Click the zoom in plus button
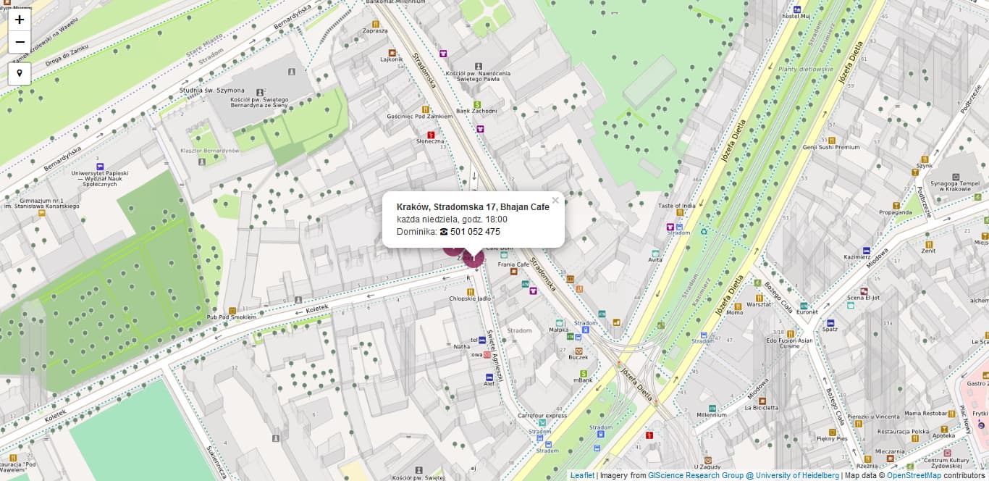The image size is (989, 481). click(x=20, y=20)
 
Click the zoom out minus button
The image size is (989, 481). click(x=20, y=42)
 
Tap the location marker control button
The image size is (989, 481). click(x=20, y=73)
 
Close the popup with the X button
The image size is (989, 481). click(x=555, y=201)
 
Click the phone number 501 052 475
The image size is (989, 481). click(x=475, y=232)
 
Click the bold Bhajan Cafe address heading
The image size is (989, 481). click(x=473, y=207)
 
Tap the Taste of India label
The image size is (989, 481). click(x=676, y=206)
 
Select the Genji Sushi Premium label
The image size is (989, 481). click(x=830, y=147)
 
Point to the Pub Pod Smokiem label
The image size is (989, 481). click(x=232, y=317)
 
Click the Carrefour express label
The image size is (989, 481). click(x=542, y=416)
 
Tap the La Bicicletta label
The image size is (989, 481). click(x=762, y=407)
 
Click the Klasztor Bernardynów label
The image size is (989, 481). click(x=210, y=151)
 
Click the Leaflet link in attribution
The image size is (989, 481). click(x=582, y=476)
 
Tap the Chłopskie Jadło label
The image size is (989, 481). click(x=471, y=298)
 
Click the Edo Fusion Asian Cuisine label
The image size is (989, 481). click(x=789, y=343)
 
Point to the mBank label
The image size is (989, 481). click(x=583, y=380)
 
